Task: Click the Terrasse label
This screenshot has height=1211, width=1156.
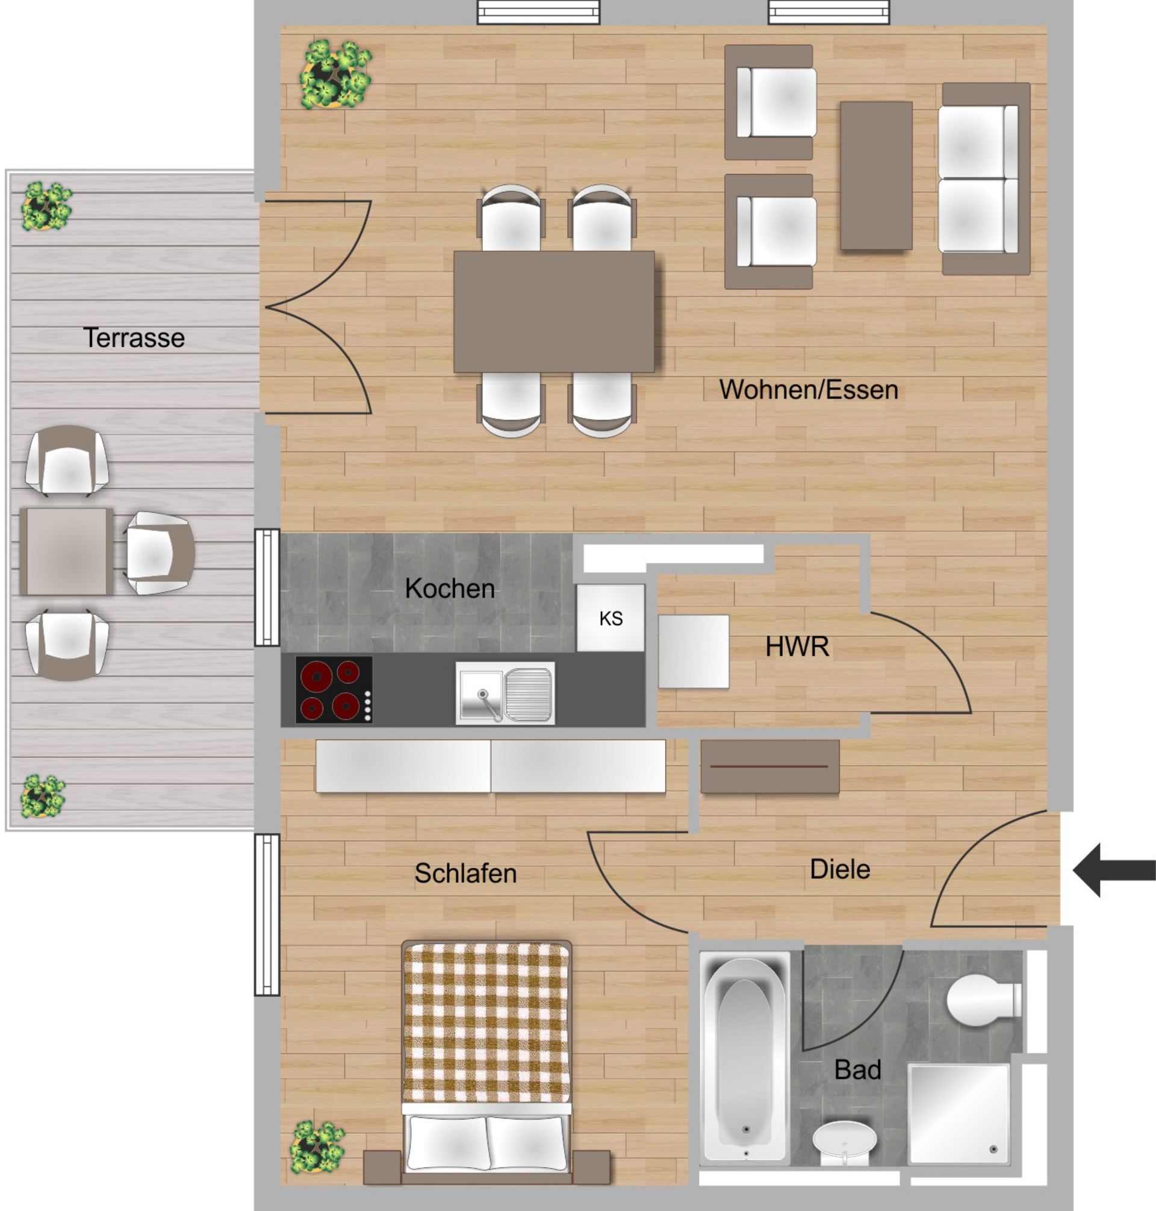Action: coord(134,338)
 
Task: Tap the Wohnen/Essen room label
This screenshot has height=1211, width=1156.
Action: coord(808,390)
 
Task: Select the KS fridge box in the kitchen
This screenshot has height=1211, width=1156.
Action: coord(610,618)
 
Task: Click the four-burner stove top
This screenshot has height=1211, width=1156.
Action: coord(334,689)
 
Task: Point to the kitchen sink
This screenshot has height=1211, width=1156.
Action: coord(505,692)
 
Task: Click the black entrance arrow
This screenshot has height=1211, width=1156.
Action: coord(1113,870)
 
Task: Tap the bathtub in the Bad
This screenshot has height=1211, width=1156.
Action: coord(744,1058)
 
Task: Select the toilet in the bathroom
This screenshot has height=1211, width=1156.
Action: coord(982,1000)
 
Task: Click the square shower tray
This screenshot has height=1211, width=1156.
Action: coord(959,1113)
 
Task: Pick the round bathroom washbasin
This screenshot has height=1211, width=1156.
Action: coord(844,1141)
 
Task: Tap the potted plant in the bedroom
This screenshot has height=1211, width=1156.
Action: coord(317,1146)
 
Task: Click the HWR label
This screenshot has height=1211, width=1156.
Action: coord(797,647)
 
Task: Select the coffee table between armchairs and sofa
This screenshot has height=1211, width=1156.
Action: coord(875,176)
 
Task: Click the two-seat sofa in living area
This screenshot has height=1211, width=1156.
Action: coord(984,179)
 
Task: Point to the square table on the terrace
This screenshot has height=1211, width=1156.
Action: coord(66,551)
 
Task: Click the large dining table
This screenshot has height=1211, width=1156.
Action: coord(553,311)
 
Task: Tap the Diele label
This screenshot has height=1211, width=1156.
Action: coord(839,869)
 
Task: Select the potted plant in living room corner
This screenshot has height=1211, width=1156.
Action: coord(335,75)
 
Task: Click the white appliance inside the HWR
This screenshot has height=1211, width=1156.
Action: coord(693,651)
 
